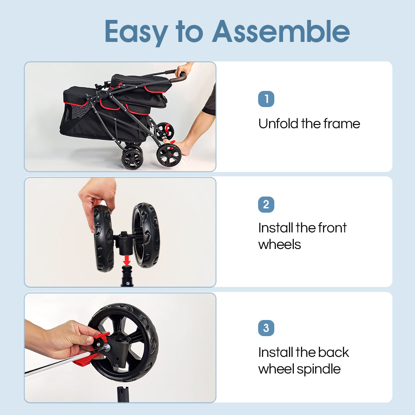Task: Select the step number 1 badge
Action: [x=266, y=99]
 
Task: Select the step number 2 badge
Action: [x=266, y=205]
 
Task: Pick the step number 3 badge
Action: [x=266, y=328]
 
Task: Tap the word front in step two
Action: [x=332, y=228]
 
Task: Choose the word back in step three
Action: [x=334, y=352]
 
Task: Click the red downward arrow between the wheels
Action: [x=127, y=261]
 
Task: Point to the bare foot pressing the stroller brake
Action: [x=181, y=147]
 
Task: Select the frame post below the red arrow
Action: [x=127, y=276]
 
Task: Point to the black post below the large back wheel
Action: [x=123, y=394]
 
